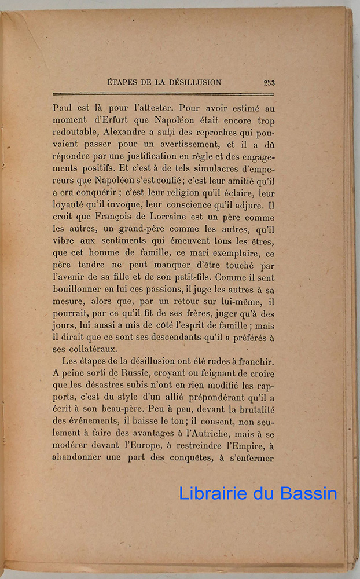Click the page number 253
[x=269, y=82]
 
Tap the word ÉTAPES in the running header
[x=124, y=82]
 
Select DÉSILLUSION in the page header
[x=193, y=82]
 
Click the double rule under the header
[x=163, y=93]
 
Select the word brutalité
[x=252, y=416]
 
